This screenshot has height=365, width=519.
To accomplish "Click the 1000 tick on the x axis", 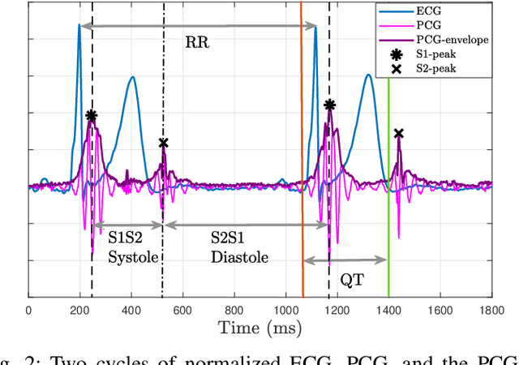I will click(x=285, y=309).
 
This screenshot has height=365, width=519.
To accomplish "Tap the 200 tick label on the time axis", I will click(x=80, y=309).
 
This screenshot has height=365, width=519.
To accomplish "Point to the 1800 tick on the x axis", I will click(x=491, y=309).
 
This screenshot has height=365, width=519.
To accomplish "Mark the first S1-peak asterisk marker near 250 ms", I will click(x=92, y=116).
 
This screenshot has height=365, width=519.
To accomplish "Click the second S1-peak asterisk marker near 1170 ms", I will click(x=329, y=105).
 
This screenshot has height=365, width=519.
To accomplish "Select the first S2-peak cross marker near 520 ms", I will click(x=163, y=143).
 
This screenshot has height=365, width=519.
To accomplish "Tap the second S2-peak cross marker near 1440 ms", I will click(x=398, y=133).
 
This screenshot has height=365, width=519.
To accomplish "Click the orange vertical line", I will click(x=302, y=162).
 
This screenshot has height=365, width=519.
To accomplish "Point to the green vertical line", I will click(x=388, y=203).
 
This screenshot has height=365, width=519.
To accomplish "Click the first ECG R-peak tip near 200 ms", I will click(x=79, y=25).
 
